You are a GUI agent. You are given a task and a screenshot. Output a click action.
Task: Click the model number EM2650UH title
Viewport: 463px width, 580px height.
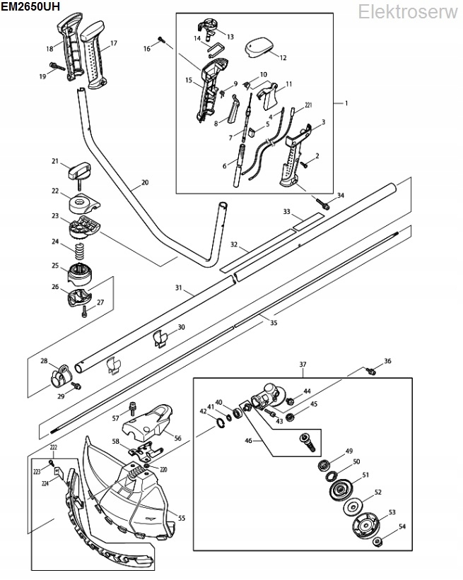(30, 6)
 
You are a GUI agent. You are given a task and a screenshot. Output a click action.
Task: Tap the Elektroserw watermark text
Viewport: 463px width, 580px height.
(408, 12)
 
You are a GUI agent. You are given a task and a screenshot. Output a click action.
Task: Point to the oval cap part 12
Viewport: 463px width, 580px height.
(260, 47)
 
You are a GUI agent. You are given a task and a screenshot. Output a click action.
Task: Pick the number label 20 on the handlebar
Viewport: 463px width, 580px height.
(145, 182)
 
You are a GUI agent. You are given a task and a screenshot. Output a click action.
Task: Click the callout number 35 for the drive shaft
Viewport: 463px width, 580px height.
(274, 323)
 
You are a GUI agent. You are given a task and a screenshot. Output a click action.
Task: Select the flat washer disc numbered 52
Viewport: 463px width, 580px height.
(353, 507)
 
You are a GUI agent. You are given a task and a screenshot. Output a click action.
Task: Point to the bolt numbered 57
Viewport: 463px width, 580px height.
(131, 409)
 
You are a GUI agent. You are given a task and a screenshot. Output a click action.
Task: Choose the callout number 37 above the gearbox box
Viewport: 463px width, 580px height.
(303, 365)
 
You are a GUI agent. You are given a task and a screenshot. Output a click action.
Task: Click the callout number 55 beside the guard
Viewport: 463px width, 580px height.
(182, 518)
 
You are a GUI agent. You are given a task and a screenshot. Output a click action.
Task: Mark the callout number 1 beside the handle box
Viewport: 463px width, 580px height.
(346, 103)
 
